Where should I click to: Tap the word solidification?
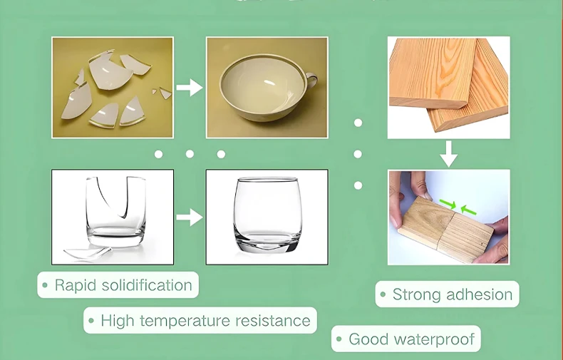pos(147,285)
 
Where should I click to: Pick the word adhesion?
pos(480,294)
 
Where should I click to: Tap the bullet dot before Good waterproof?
pos(339,339)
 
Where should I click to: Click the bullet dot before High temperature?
pos(91,321)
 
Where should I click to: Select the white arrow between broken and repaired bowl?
pos(190,87)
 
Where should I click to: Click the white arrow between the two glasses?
pos(190,217)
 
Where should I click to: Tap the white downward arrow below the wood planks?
pos(449,154)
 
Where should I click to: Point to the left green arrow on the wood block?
pos(448,204)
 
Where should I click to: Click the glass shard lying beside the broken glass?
pos(88,253)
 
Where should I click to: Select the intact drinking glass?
pos(267,215)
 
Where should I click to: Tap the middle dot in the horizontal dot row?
pos(190,154)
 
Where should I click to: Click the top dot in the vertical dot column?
pos(358,123)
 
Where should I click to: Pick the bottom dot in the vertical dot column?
pos(358,185)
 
